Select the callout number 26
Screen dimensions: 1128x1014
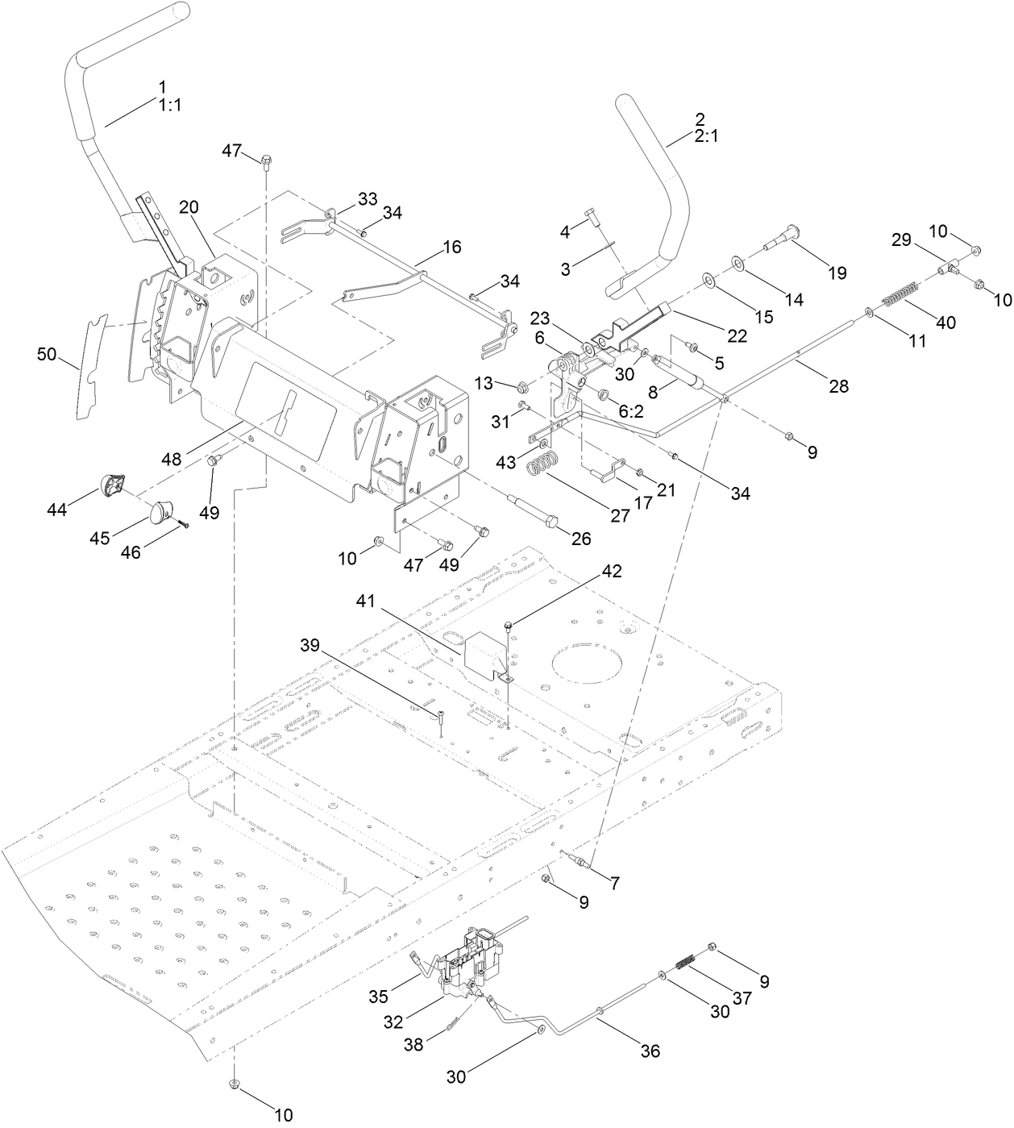click(580, 539)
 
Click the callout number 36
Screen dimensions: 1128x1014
click(650, 1051)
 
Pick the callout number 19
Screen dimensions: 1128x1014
click(837, 273)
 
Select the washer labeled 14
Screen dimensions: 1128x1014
click(738, 262)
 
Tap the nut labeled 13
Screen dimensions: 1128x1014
click(522, 384)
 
